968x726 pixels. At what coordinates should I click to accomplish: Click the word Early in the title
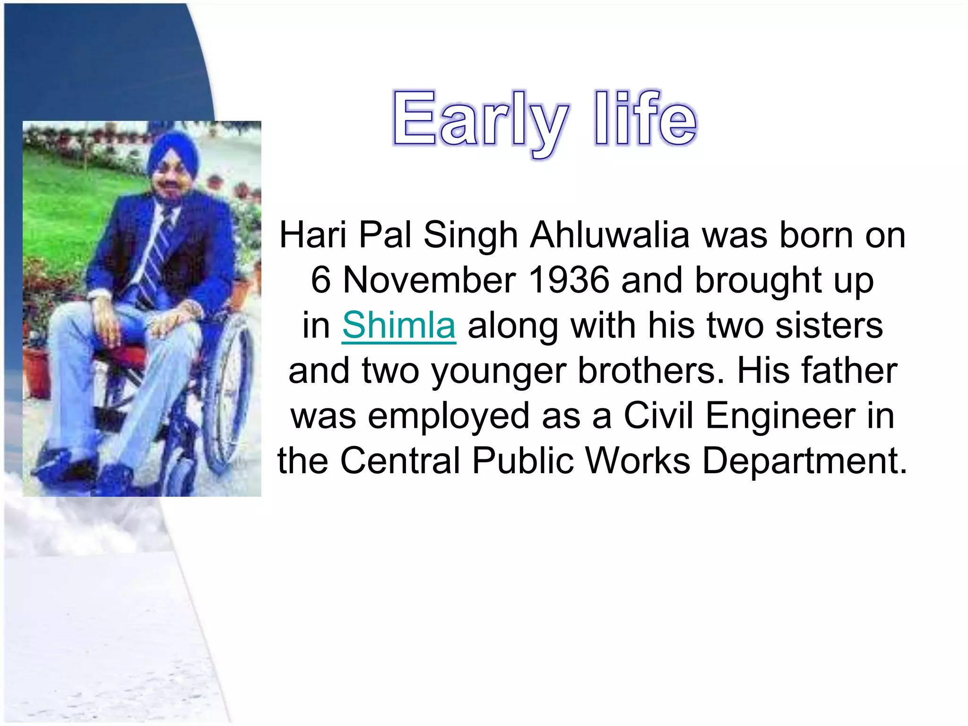480,119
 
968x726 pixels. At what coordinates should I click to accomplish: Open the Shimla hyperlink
399,325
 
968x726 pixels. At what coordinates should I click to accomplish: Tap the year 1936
569,280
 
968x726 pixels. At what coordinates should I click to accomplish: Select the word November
429,280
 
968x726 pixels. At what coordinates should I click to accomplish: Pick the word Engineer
780,416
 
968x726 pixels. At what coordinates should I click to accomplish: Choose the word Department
805,461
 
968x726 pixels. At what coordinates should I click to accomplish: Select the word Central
400,461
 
